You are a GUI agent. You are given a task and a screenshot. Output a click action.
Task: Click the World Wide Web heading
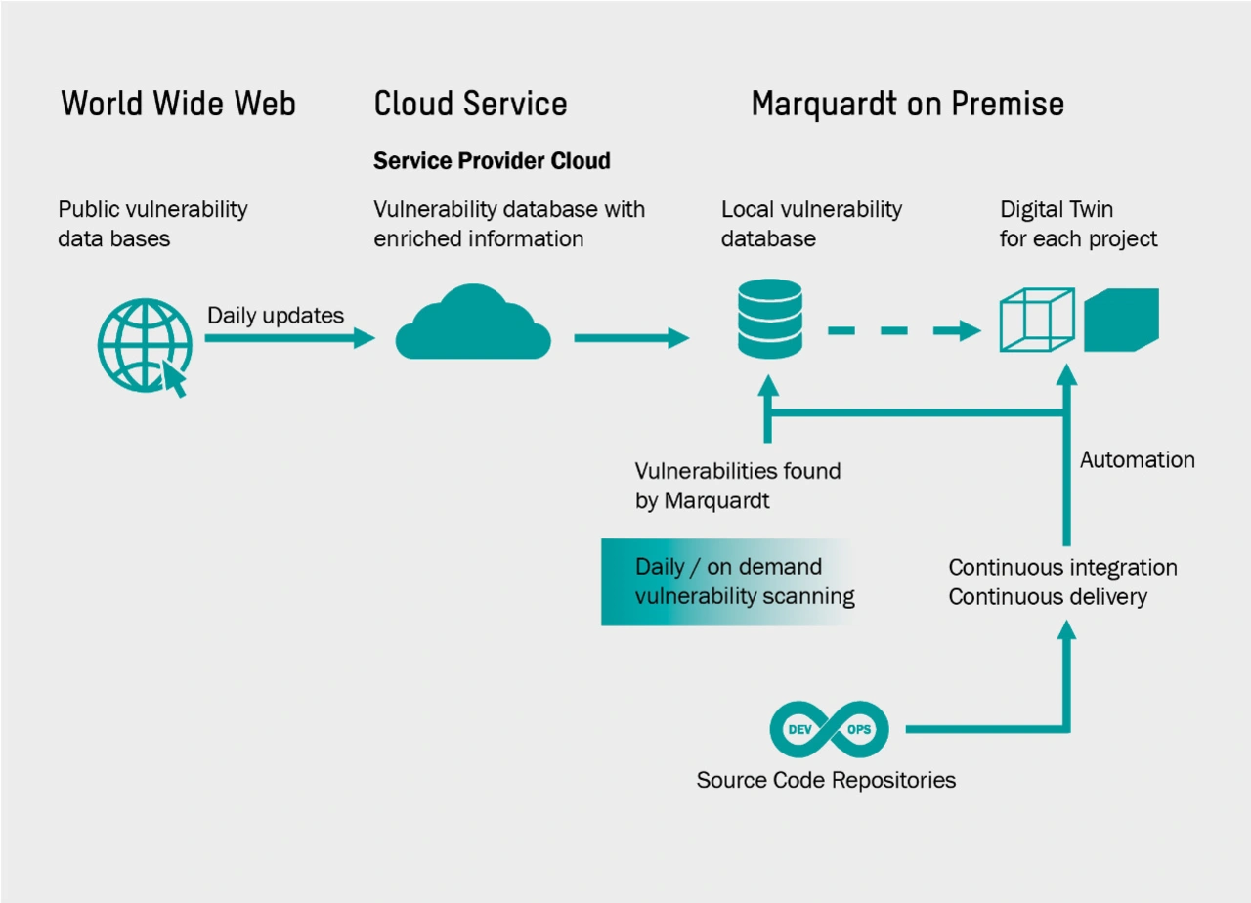[x=178, y=104]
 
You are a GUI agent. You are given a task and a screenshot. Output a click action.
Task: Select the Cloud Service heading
[x=470, y=104]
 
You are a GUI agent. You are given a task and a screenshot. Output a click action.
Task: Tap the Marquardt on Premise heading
[x=907, y=104]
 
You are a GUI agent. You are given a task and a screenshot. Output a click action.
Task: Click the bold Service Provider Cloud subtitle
[x=492, y=161]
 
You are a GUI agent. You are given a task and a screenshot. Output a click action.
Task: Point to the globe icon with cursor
[x=144, y=345]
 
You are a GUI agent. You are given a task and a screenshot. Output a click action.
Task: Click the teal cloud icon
[x=473, y=323]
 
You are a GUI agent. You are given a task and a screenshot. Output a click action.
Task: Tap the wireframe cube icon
[x=1037, y=320]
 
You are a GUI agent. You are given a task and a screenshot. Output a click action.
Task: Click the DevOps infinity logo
[x=829, y=729]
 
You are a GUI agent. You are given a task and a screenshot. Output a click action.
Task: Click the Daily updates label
[x=276, y=316]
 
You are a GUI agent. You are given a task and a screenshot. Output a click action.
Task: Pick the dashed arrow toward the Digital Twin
[x=903, y=330]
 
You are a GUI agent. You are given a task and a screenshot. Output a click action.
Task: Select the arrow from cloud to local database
[x=631, y=338]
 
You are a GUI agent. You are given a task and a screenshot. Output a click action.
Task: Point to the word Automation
[x=1137, y=459]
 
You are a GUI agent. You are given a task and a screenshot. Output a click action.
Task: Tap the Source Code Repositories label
[x=826, y=780]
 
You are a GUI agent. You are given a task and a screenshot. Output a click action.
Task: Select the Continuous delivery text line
[x=1047, y=596]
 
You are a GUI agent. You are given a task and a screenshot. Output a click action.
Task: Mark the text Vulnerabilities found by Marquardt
[x=738, y=486]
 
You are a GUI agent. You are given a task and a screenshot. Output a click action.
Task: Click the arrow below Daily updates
[x=289, y=338]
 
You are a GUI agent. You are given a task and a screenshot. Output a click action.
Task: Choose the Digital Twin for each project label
[x=1078, y=224]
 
